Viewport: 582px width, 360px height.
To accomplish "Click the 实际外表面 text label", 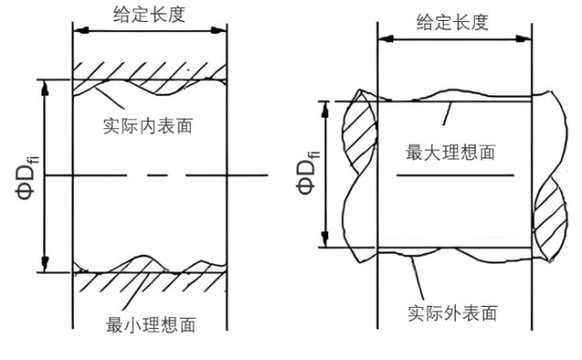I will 452,313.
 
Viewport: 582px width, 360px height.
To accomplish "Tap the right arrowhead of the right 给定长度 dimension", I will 528,39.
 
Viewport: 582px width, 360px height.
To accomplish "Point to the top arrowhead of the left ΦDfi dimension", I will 43,85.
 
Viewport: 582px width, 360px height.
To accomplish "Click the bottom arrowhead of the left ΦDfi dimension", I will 43,267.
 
